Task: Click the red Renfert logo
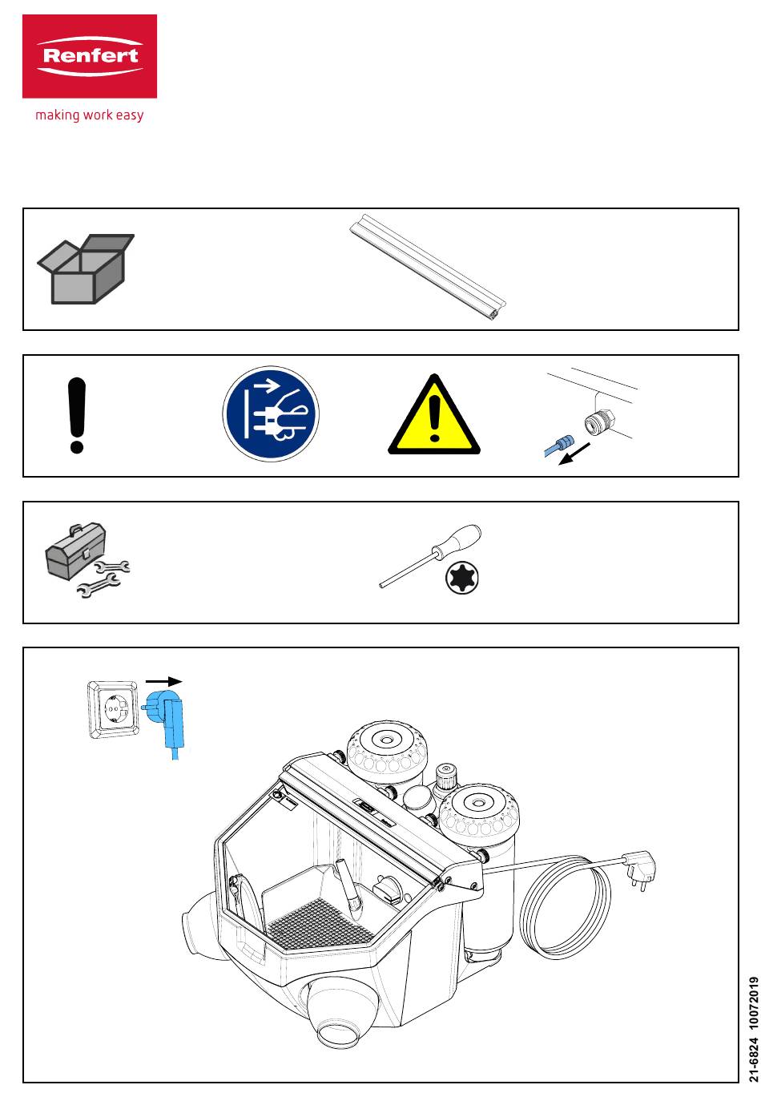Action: (x=89, y=56)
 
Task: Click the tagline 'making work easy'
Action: (x=89, y=115)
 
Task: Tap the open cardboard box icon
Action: (x=85, y=268)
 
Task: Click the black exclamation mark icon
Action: (x=77, y=415)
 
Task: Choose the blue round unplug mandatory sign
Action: (x=271, y=415)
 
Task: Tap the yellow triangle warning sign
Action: (x=434, y=414)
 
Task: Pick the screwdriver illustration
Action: (x=431, y=555)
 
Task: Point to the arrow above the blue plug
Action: (x=164, y=681)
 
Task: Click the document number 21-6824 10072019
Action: (x=751, y=1031)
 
